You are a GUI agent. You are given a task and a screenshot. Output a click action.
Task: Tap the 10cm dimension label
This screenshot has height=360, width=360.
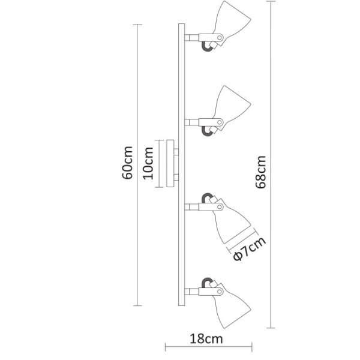(x=149, y=164)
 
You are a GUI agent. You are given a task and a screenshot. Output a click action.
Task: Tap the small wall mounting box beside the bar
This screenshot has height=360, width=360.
(x=171, y=164)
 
